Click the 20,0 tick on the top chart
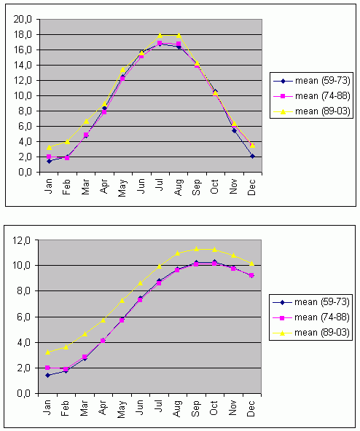[23, 19]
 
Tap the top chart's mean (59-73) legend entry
[312, 81]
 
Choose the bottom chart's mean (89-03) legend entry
[310, 333]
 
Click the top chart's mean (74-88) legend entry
[312, 96]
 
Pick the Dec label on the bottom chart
[251, 408]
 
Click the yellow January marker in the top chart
[49, 148]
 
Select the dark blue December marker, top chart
[252, 156]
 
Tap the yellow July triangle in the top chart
[160, 35]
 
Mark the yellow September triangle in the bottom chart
[196, 249]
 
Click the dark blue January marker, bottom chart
[47, 375]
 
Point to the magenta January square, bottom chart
[47, 368]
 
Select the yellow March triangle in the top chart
[86, 121]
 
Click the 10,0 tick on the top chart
[23, 96]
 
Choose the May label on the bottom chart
[122, 410]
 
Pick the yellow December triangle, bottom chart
[251, 264]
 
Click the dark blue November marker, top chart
[234, 130]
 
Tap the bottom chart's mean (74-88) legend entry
[310, 317]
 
